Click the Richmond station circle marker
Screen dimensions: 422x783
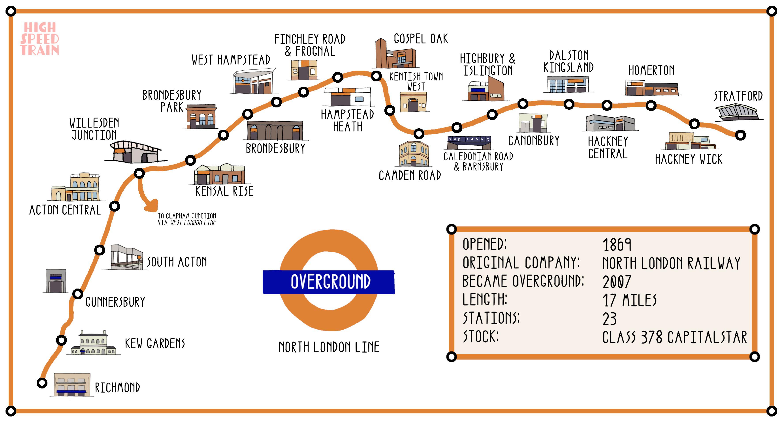42,383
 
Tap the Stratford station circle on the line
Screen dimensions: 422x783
740,135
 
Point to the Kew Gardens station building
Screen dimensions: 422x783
94,343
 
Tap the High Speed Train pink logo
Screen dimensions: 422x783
40,39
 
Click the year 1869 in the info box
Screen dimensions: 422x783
617,245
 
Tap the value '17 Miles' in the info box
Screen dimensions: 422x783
629,300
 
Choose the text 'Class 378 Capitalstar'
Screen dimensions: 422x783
674,338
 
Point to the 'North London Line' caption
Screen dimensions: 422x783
329,347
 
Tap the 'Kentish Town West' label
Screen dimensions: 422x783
416,81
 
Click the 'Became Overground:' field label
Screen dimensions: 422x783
523,281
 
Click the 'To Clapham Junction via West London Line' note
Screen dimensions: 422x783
187,219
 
